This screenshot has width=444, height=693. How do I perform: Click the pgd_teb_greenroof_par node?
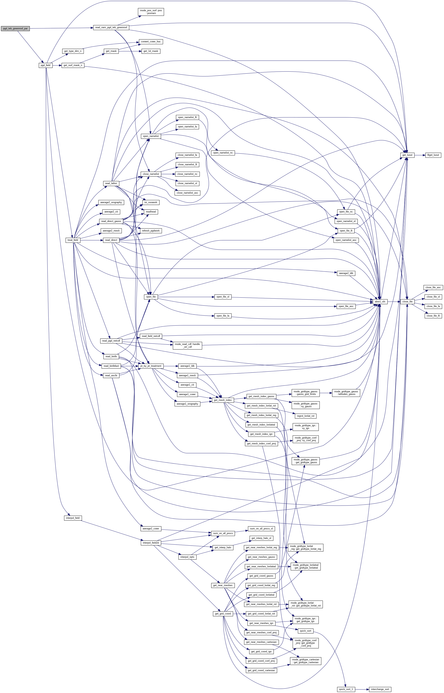[15, 29]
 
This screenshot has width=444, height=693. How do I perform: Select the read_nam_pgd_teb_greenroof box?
[111, 27]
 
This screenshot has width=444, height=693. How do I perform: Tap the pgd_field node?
[46, 65]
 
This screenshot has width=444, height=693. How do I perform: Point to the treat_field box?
[73, 240]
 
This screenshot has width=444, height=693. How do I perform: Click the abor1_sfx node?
[380, 301]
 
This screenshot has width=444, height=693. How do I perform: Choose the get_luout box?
[407, 155]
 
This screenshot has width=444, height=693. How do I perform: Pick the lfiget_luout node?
[433, 155]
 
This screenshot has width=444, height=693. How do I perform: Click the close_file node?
[407, 301]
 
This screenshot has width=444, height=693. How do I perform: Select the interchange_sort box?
[380, 689]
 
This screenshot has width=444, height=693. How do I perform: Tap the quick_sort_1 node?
[346, 689]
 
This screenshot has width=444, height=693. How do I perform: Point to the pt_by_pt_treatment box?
[151, 366]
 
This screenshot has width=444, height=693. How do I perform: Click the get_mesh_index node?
[223, 400]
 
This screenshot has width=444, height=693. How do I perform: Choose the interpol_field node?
[73, 518]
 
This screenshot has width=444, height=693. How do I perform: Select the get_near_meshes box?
[223, 585]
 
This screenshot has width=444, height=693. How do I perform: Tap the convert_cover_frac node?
[151, 42]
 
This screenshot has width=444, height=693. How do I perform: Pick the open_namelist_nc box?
[223, 153]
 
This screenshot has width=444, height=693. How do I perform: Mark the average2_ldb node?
[346, 273]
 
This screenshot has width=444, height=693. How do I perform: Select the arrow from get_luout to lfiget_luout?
[420, 155]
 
